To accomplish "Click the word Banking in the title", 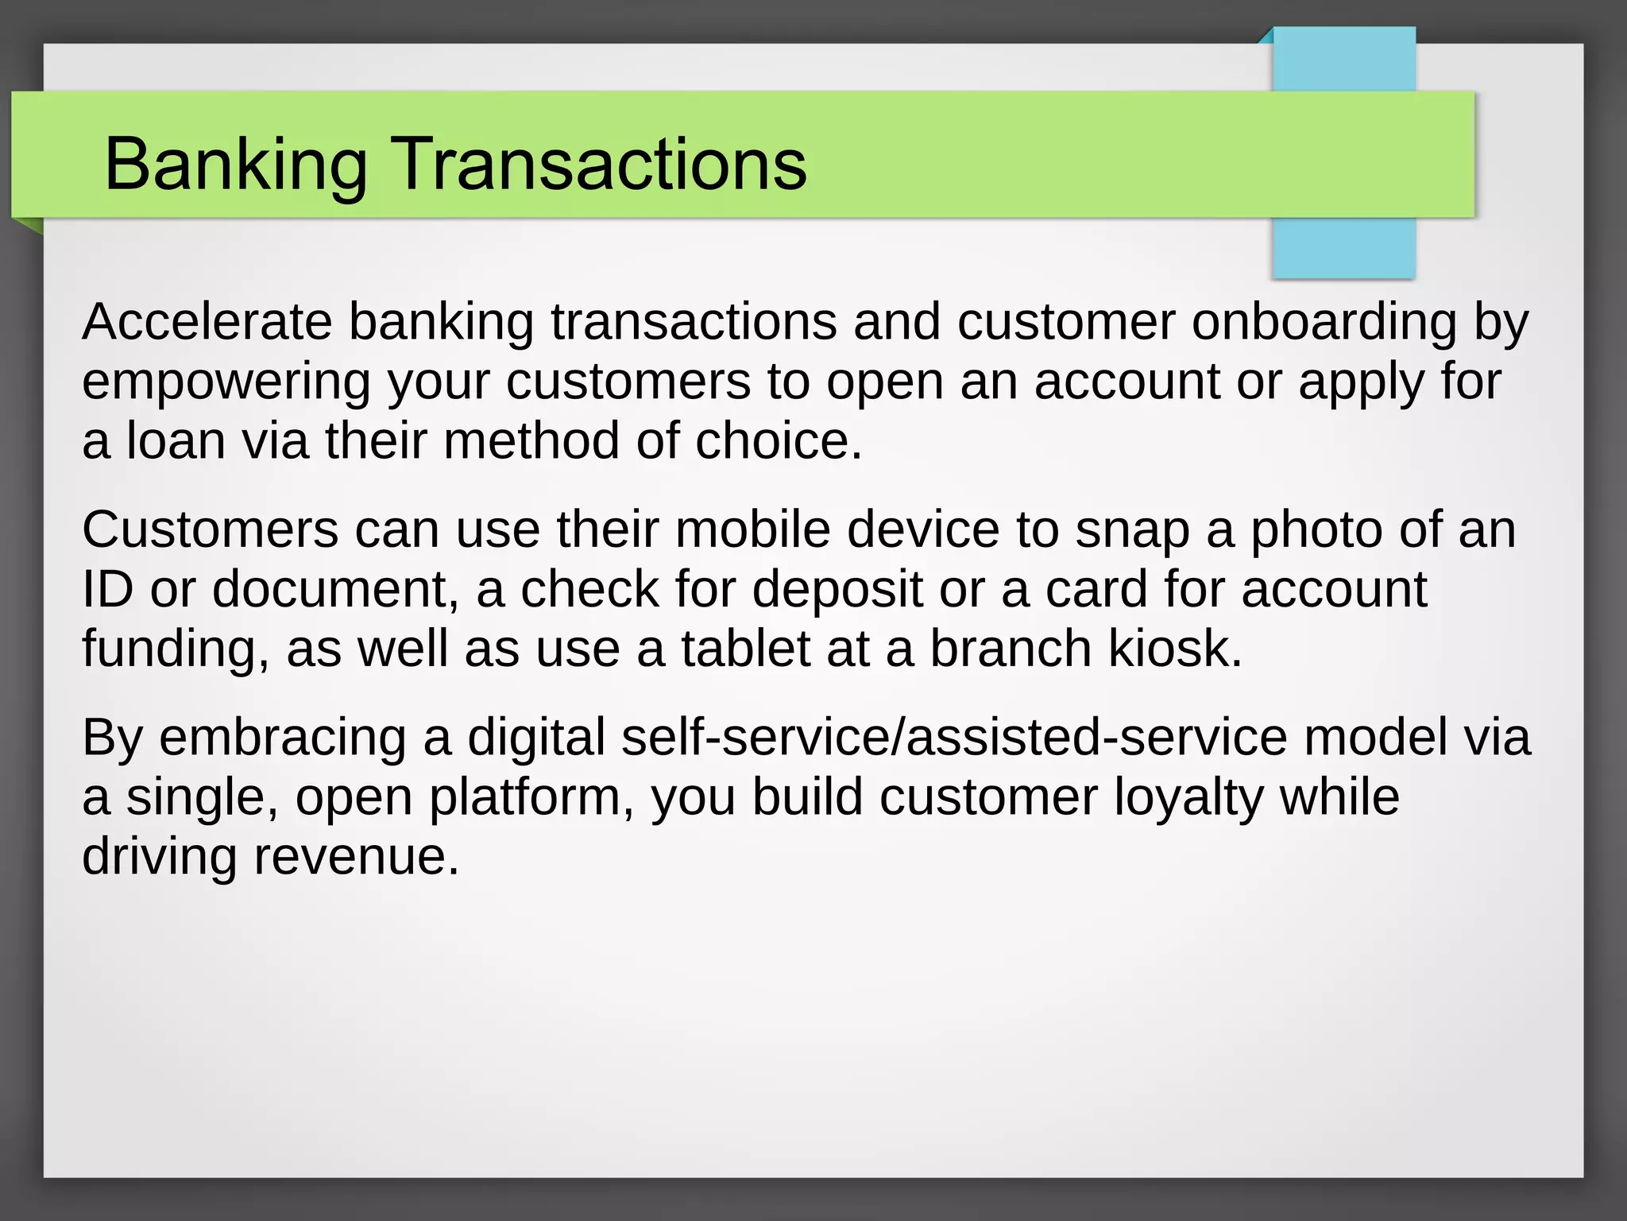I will pos(235,165).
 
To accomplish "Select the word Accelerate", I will pos(207,322).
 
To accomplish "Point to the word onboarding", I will pos(1324,322).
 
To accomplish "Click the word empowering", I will pos(226,382).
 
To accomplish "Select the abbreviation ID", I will pos(107,589).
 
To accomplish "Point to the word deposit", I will pos(837,591).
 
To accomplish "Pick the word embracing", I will pos(282,738).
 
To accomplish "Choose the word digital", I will pos(536,738).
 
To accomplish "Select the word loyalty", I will pos(1188,798).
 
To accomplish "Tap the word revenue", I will pos(356,857).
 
